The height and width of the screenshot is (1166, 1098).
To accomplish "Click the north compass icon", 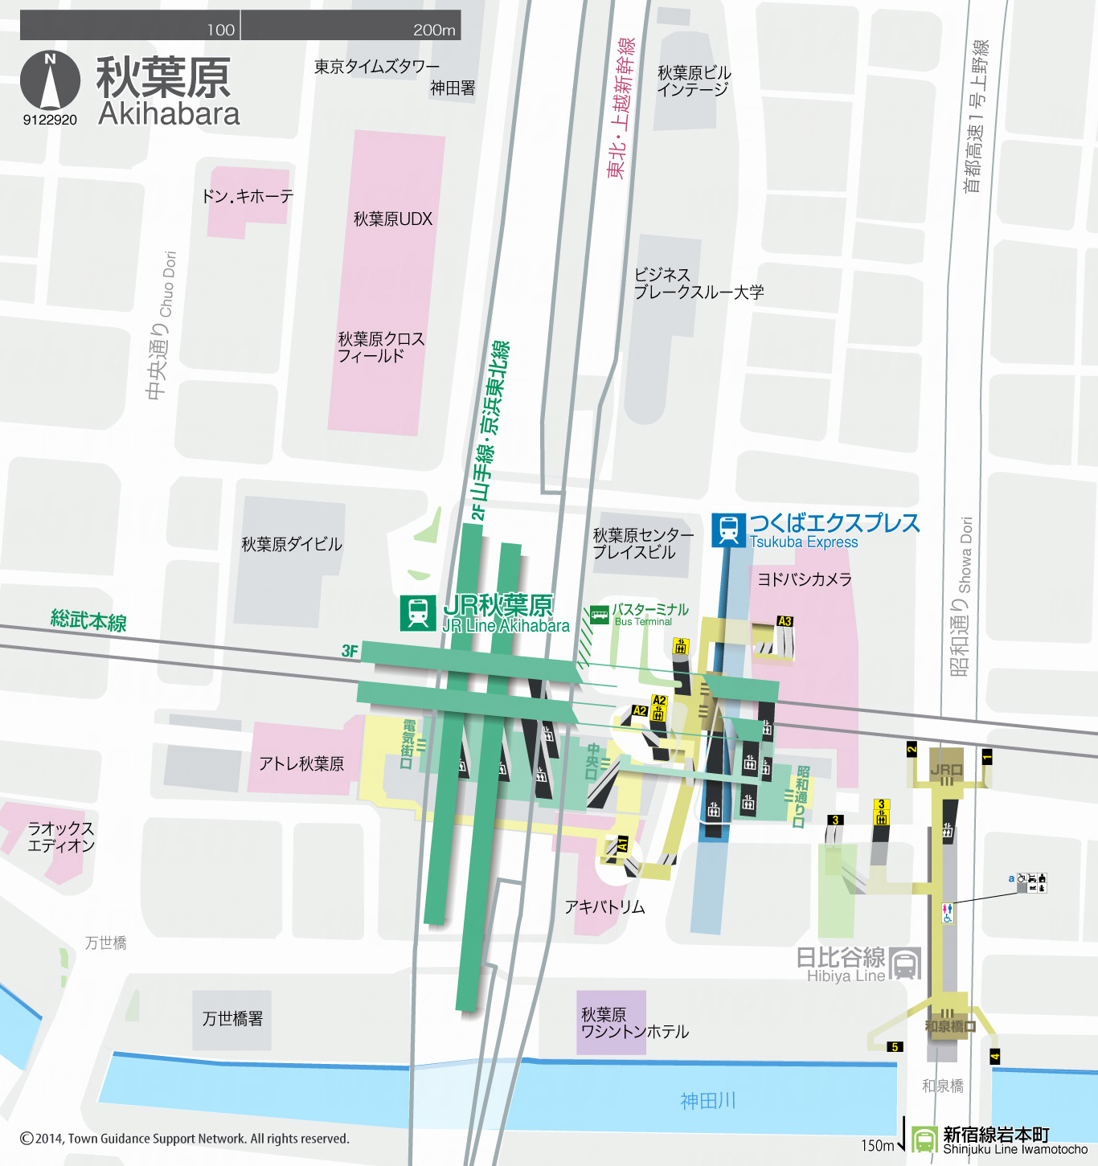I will (x=50, y=80).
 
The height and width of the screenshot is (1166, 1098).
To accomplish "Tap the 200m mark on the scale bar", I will (x=434, y=30).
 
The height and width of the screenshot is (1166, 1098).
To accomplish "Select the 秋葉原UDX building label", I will (x=393, y=219).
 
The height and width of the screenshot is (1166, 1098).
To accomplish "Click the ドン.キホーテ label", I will (x=248, y=196).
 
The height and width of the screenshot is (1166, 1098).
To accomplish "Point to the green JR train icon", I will (x=418, y=612).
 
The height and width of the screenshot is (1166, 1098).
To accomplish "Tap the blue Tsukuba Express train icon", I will (x=728, y=530).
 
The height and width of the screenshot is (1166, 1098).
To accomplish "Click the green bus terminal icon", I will (x=600, y=615).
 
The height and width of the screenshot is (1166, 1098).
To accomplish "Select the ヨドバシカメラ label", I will (x=804, y=579).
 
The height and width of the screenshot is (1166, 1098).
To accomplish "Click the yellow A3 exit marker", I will (x=785, y=621).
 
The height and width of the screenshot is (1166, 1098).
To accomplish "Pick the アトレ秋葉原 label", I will (x=301, y=763).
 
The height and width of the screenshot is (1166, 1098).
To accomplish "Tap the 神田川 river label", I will (x=708, y=1101).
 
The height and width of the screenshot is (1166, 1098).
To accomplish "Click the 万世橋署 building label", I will (x=232, y=1019).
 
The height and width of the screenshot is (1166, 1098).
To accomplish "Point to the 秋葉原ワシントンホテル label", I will (x=634, y=1023).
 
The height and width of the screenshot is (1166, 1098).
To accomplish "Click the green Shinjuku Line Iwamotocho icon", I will (x=924, y=1139).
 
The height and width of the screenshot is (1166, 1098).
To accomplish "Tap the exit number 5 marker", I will (x=894, y=1047).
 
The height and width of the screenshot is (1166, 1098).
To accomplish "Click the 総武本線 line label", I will (x=88, y=620).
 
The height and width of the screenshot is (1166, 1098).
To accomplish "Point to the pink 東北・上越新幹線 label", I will (x=621, y=108).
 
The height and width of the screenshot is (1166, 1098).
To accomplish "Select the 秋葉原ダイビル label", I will (x=292, y=545).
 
